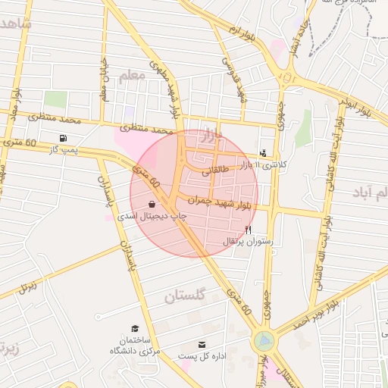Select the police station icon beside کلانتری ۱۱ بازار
pos(263,152)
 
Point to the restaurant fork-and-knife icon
pos(248,230)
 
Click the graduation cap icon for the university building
pos(135,328)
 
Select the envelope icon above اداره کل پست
pos(202,343)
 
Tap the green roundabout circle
pos(264,342)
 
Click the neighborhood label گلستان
pos(185,296)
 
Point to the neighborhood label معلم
pos(131,75)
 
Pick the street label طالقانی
pos(214,172)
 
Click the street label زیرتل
pos(28,286)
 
